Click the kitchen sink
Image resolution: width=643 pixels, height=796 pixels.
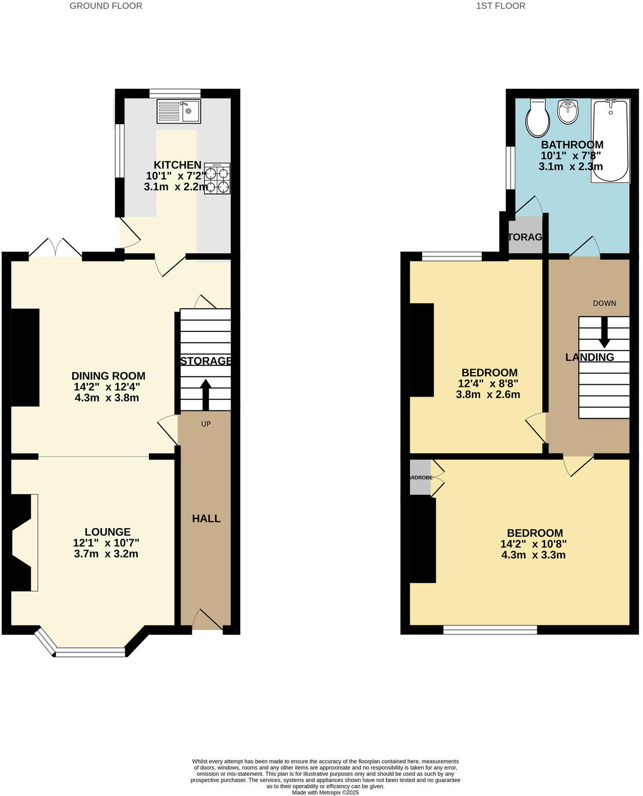click(179, 111)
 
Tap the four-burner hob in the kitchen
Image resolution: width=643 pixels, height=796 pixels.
click(217, 178)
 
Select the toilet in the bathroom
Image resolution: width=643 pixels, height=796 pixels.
click(537, 118)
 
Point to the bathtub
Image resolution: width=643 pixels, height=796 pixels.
click(611, 141)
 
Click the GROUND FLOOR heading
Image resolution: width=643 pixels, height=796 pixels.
click(106, 6)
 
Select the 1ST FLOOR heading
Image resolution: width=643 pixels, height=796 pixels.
click(500, 6)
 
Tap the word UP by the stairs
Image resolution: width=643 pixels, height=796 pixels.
click(206, 424)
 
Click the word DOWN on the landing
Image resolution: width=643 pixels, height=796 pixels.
click(604, 303)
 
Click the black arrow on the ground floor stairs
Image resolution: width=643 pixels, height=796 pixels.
click(206, 394)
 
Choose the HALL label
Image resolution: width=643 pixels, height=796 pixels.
click(206, 518)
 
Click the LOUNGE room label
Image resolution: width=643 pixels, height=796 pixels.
click(107, 531)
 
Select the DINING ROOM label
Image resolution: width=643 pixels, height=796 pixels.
click(108, 376)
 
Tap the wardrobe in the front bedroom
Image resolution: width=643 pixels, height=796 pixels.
click(420, 477)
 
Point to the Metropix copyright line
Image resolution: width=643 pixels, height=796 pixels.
click(325, 793)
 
